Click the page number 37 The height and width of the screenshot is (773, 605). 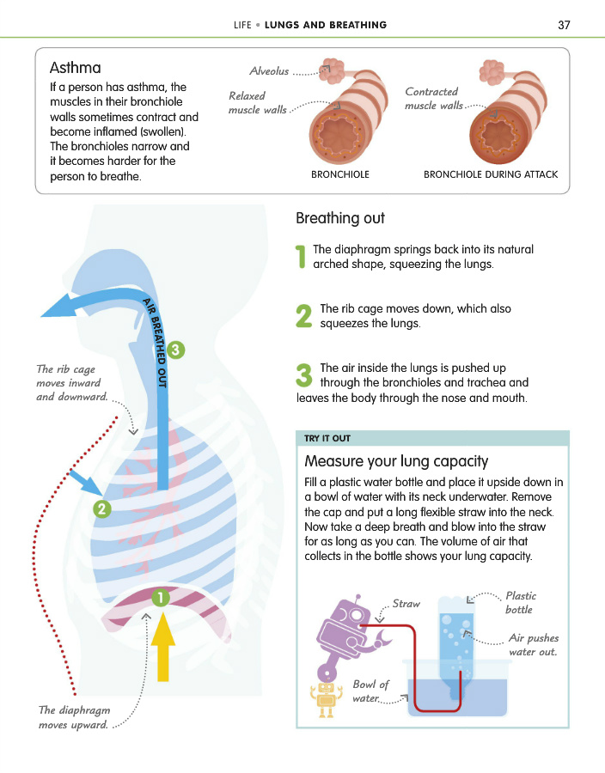click(x=564, y=25)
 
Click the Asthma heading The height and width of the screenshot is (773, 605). click(x=75, y=68)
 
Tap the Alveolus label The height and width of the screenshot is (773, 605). click(x=269, y=71)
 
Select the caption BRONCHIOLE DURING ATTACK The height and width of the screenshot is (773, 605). click(x=491, y=174)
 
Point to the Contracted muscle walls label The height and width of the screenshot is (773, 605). click(x=433, y=98)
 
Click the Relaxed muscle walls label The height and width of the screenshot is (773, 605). click(x=257, y=102)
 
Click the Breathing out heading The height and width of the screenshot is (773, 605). click(x=340, y=218)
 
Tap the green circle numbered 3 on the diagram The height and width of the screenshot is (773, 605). click(x=175, y=350)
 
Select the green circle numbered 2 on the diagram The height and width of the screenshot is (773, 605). click(x=102, y=508)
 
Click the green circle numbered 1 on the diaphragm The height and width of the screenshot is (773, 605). click(x=160, y=598)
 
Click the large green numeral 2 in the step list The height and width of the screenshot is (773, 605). click(x=303, y=315)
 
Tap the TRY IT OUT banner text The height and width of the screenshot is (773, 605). click(x=327, y=438)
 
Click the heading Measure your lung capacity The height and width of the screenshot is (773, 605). click(x=396, y=461)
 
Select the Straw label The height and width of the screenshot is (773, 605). click(x=406, y=604)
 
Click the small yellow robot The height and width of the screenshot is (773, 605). click(x=326, y=698)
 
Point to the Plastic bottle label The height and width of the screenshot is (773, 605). click(x=521, y=602)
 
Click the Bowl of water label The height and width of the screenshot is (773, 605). click(x=370, y=691)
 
